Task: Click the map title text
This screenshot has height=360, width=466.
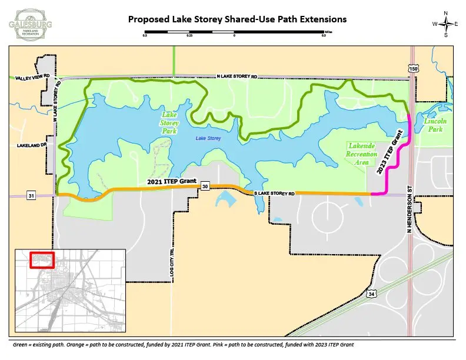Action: point(237,19)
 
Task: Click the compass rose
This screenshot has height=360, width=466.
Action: point(446,24)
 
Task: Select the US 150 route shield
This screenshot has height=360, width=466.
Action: point(414,69)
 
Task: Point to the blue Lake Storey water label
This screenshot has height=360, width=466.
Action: point(208,138)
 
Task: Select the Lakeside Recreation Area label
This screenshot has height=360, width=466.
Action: point(362,154)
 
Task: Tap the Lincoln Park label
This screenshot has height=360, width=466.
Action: point(435,125)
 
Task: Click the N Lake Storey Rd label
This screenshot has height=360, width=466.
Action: point(237,76)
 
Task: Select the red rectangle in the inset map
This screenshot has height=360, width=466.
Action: point(42,259)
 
